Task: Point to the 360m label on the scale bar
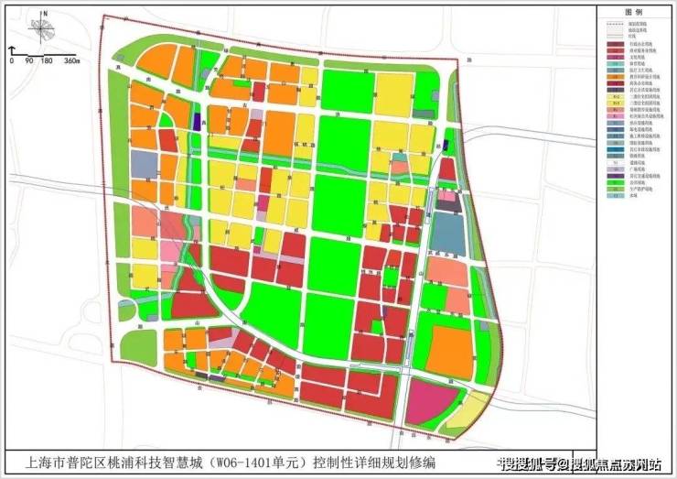(x=71, y=60)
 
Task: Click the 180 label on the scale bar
(x=45, y=60)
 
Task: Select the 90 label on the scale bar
(x=29, y=60)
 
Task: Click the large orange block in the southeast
(x=452, y=347)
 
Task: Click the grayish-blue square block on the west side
(x=145, y=164)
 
